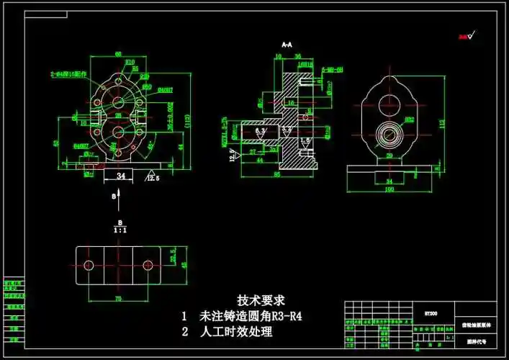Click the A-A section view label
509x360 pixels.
pyautogui.click(x=286, y=45)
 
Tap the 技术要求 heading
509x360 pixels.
pyautogui.click(x=261, y=300)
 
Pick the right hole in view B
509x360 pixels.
pyautogui.click(x=149, y=264)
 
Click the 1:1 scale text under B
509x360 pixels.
pyautogui.click(x=120, y=230)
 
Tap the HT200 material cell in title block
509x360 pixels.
pyautogui.click(x=431, y=313)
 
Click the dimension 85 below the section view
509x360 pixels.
pyautogui.click(x=276, y=174)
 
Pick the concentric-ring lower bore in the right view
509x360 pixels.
pyautogui.click(x=389, y=134)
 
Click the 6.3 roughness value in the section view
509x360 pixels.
pyautogui.click(x=261, y=130)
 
